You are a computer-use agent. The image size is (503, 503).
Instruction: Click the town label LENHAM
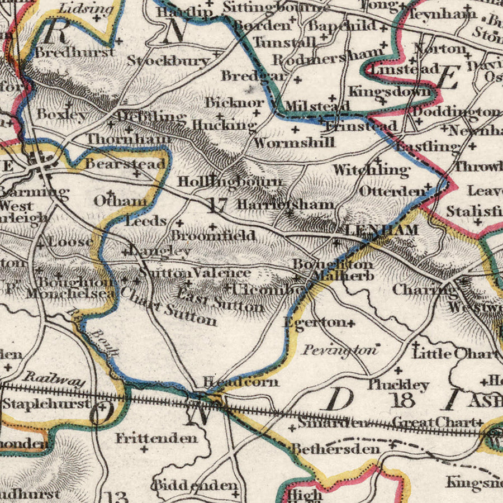click(x=381, y=230)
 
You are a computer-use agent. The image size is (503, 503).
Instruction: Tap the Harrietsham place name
click(x=285, y=205)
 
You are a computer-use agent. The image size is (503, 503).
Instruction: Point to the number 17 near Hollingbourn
click(x=217, y=205)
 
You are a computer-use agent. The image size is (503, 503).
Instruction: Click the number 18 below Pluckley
click(x=404, y=400)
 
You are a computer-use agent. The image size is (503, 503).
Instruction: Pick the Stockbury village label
click(x=168, y=60)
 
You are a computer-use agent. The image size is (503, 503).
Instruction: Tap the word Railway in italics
click(x=55, y=380)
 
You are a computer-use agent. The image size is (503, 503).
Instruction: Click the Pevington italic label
click(x=340, y=350)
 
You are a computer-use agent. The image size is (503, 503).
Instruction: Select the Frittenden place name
click(x=156, y=438)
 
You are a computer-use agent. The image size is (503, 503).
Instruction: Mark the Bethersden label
click(x=335, y=449)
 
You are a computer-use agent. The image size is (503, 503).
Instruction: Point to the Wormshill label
click(x=294, y=143)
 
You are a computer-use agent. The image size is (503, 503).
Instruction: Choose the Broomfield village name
click(x=213, y=235)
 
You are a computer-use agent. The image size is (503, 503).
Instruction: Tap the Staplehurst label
click(x=46, y=403)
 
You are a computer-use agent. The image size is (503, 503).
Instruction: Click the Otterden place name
click(x=392, y=191)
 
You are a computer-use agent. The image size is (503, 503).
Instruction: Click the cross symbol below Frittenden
click(x=144, y=449)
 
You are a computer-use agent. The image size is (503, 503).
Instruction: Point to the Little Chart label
click(x=455, y=353)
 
